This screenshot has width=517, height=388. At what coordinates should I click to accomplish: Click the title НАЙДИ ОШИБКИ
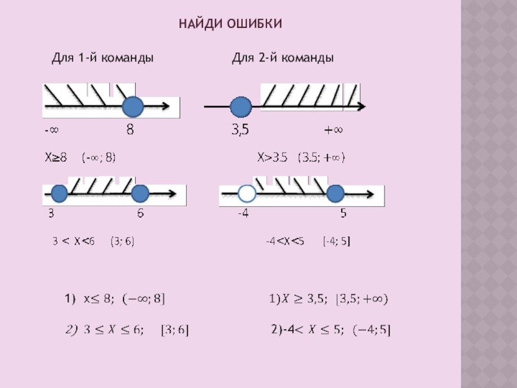click(x=231, y=24)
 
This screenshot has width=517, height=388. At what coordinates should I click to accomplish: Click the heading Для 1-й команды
click(x=102, y=58)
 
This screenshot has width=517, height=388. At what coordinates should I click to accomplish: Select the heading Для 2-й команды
click(x=282, y=58)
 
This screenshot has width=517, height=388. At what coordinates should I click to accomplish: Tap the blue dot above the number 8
click(x=133, y=105)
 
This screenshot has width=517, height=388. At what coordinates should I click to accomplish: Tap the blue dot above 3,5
click(x=240, y=107)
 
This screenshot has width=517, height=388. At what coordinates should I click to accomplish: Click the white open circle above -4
click(x=246, y=193)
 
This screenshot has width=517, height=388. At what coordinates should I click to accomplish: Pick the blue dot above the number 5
click(x=335, y=193)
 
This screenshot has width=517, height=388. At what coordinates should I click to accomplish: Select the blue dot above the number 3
click(x=59, y=193)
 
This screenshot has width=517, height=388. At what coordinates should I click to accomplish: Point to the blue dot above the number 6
click(x=140, y=193)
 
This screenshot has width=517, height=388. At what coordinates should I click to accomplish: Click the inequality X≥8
click(x=56, y=157)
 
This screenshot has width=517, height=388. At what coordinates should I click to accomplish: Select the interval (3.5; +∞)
click(x=321, y=157)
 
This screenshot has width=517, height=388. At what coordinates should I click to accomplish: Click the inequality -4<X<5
click(x=285, y=241)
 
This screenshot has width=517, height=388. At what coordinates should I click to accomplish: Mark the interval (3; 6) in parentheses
click(x=122, y=241)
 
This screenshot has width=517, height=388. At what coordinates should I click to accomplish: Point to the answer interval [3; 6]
click(x=174, y=331)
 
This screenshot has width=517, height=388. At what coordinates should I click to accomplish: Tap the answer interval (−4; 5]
click(x=372, y=331)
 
